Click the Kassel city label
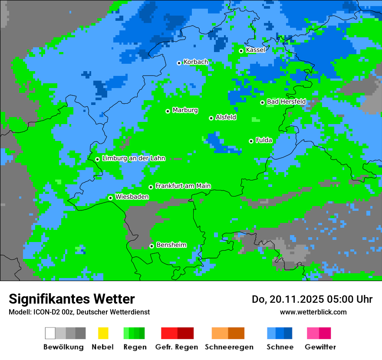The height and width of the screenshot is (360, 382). point(255,50)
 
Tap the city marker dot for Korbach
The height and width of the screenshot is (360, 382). point(179,63)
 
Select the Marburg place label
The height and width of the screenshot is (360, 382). point(185,110)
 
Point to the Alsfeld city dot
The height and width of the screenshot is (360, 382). point(211,118)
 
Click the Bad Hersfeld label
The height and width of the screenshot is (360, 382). point(286,101)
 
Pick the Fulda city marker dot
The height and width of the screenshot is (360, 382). point(251,141)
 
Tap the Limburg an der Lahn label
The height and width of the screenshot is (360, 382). point(133,158)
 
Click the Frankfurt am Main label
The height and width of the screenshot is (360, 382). point(183,186)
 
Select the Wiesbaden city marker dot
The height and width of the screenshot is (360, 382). point(110,198)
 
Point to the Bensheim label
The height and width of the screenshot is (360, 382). point(171,245)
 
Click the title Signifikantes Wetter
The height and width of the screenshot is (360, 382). point(72,299)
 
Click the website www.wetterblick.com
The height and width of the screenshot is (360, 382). point(313,312)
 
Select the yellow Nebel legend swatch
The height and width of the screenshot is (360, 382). point(103,333)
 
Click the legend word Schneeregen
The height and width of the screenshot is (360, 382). point(229,347)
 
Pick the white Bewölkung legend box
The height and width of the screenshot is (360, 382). point(50,333)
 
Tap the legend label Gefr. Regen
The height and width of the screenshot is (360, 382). point(177,347)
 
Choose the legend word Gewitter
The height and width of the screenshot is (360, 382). point(320,347)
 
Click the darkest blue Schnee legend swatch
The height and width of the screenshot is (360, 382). point(288,333)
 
